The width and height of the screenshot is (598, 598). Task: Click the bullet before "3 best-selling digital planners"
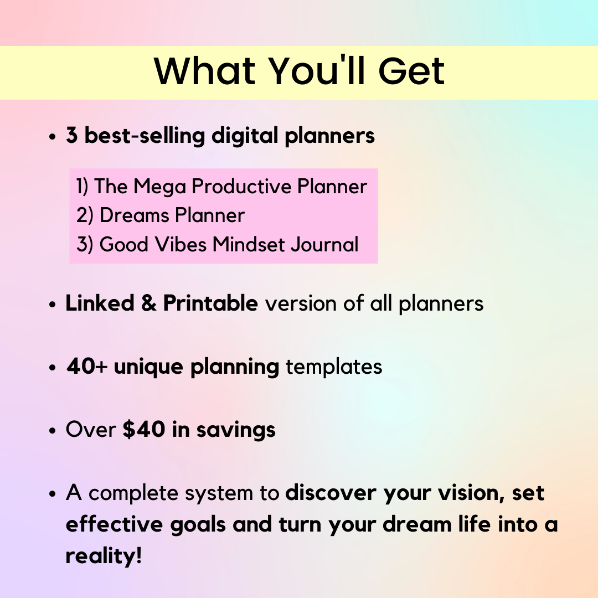click(54, 137)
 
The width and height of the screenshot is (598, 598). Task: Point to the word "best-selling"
click(145, 136)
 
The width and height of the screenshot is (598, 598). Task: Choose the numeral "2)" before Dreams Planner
click(85, 215)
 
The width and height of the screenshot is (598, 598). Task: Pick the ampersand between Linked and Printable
click(148, 303)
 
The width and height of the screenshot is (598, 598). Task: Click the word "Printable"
click(210, 303)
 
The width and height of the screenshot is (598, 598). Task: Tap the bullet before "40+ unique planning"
click(54, 368)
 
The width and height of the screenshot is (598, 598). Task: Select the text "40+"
click(86, 367)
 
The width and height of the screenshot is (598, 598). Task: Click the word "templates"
click(333, 367)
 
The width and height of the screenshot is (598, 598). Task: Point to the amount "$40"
click(144, 430)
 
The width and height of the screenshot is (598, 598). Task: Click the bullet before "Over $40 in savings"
click(54, 431)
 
